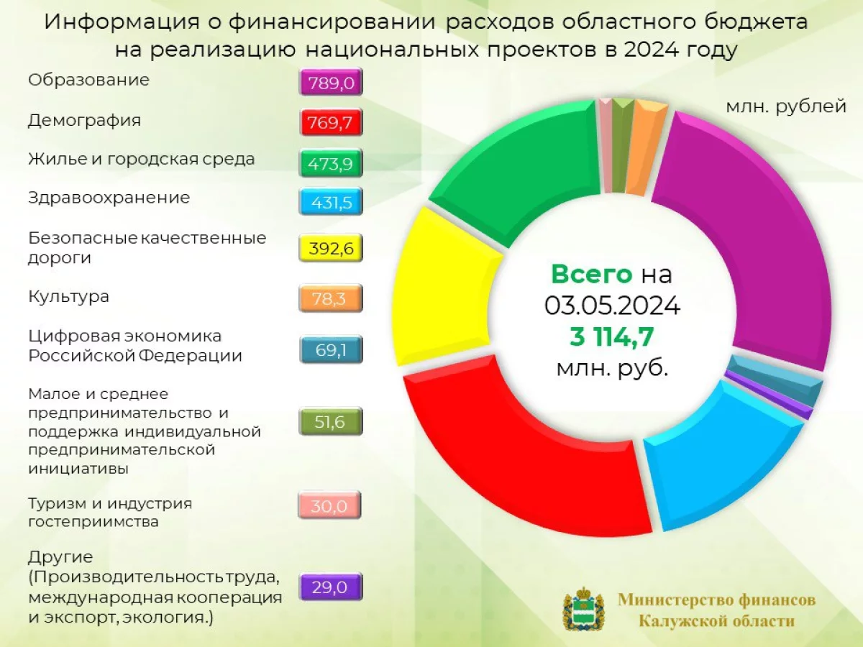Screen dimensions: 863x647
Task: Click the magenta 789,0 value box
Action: coord(331,82)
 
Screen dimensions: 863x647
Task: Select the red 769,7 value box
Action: coord(331,122)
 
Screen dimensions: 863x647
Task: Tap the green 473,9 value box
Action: coord(331,162)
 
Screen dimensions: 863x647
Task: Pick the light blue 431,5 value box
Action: coord(331,202)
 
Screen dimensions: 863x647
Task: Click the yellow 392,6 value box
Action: coord(331,248)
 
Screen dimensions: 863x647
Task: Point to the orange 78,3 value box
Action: coord(331,298)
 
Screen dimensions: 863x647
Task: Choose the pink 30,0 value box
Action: coord(329,505)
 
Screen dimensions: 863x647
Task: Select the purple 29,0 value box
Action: coord(331,587)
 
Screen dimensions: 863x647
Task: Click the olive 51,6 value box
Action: coord(331,421)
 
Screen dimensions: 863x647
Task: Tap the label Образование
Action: coord(89,80)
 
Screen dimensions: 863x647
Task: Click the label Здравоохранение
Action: coord(109,198)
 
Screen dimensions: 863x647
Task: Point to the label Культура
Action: coord(68,297)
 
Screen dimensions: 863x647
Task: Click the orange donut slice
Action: coord(645,150)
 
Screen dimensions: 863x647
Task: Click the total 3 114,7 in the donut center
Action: coord(612,336)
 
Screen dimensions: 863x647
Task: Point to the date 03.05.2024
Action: coord(612,306)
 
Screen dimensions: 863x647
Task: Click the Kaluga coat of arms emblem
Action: coord(584,609)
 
